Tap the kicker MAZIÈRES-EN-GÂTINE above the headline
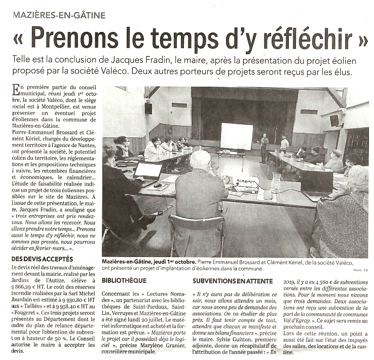(x=60, y=15)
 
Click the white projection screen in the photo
(x=236, y=135)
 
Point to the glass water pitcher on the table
(x=277, y=180)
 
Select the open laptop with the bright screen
(x=148, y=171)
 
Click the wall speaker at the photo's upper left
(x=148, y=108)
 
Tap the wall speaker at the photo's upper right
(x=334, y=120)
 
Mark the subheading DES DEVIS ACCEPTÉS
(x=41, y=259)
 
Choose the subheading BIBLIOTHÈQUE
(x=124, y=280)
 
